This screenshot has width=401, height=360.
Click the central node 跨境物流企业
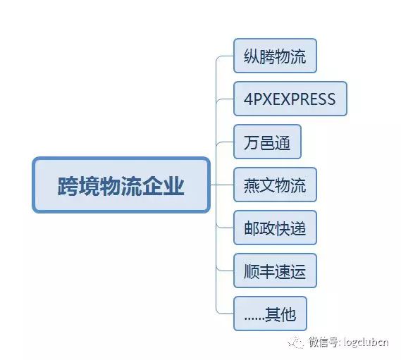(121, 185)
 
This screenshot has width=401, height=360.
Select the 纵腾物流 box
(275, 57)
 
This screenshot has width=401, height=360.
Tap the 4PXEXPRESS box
(290, 99)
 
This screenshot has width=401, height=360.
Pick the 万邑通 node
(267, 142)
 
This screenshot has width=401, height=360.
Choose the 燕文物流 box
(275, 186)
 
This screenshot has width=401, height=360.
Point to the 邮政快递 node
(275, 229)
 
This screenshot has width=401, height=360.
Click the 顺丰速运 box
(275, 272)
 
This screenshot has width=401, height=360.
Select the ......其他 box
(270, 314)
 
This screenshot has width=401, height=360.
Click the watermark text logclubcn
(365, 343)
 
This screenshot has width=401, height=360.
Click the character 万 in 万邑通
(250, 143)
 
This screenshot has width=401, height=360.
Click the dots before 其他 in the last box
(254, 317)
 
